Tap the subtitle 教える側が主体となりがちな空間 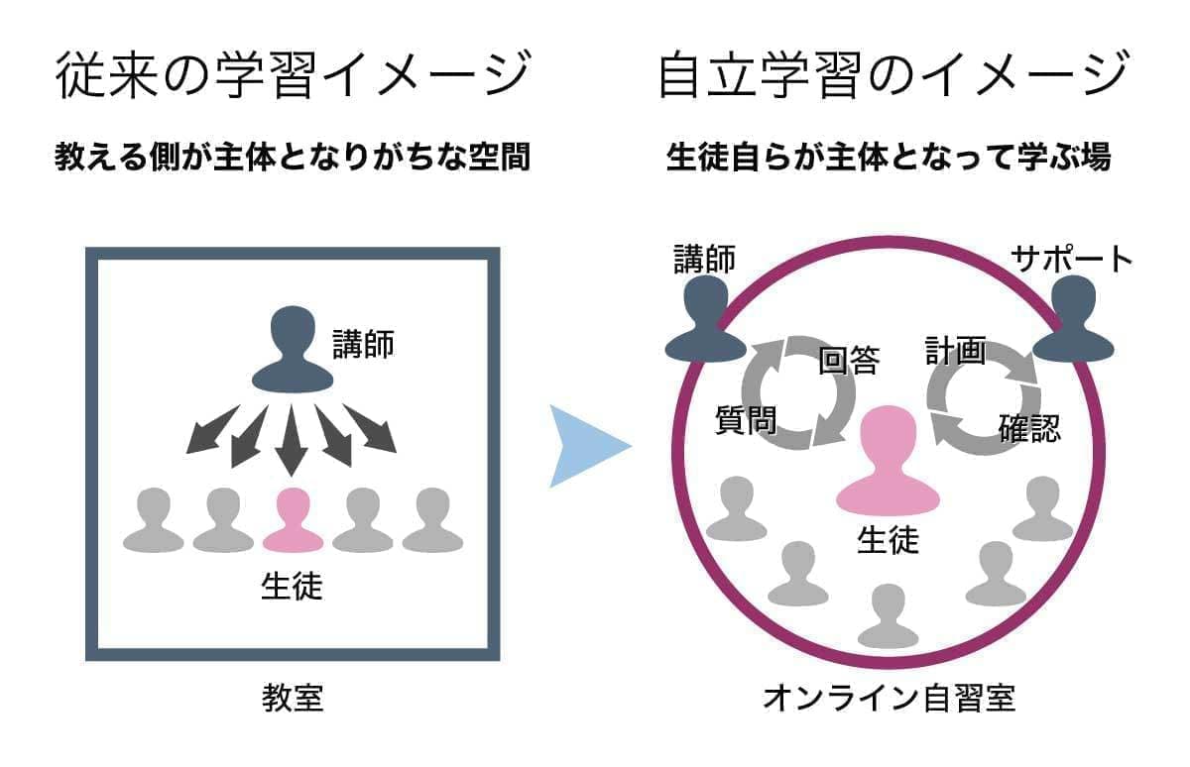tap(292, 159)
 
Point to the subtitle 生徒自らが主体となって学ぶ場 tap(889, 159)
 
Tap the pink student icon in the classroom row tap(293, 521)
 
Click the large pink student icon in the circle tap(888, 463)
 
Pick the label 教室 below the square tap(293, 700)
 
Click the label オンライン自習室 tap(889, 698)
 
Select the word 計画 tap(955, 351)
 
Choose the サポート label tap(1072, 260)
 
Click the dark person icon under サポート tap(1073, 319)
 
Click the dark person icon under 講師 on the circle tap(705, 319)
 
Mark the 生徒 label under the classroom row tap(292, 586)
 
